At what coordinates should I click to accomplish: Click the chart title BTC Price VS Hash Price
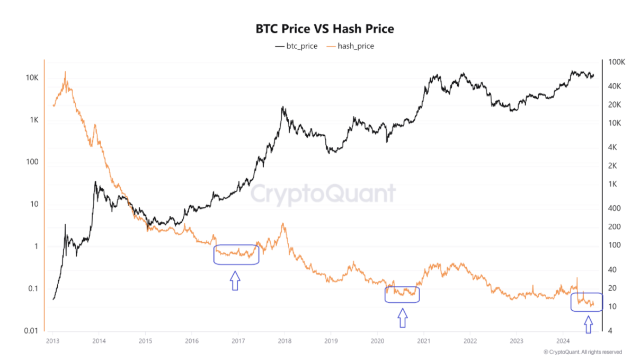click(325, 29)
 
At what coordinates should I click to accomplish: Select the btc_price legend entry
click(296, 46)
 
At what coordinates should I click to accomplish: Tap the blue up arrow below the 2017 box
click(235, 280)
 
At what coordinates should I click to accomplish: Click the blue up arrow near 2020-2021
click(402, 318)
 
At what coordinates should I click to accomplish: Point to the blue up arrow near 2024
click(588, 324)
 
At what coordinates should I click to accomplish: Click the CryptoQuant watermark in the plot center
click(323, 194)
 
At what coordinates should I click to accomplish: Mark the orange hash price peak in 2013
click(65, 72)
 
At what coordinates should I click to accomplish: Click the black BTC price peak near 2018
click(283, 107)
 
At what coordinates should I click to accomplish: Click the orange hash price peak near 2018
click(283, 224)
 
